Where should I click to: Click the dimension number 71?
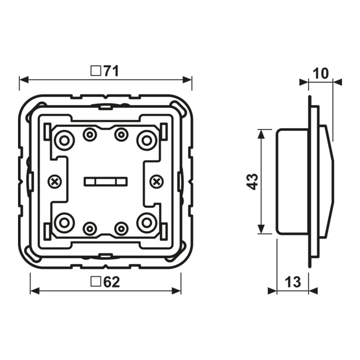tap(111, 71)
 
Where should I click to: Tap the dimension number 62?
tap(112, 282)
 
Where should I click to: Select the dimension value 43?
tap(252, 181)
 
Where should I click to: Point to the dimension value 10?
tap(320, 73)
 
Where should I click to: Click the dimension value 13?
tap(292, 281)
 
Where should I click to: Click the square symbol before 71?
tap(95, 71)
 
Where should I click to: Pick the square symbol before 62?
tap(96, 281)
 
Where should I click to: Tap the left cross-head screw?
tap(54, 182)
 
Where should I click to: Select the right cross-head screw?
tap(156, 182)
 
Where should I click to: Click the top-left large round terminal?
tap(64, 140)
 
